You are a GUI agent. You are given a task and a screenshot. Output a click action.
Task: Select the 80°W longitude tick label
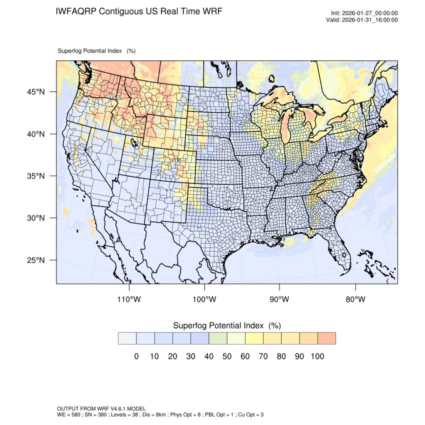tap(355, 299)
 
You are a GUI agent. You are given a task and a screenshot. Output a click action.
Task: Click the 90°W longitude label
tap(280, 299)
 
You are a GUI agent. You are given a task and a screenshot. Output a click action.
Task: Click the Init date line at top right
tap(364, 13)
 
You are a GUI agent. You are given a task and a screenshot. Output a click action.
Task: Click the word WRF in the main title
tap(212, 11)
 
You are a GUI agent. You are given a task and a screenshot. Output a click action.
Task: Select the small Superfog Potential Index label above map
tap(90, 50)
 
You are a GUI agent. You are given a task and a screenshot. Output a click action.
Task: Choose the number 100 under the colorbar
tap(317, 356)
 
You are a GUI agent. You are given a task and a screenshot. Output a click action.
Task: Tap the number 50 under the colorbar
tap(227, 356)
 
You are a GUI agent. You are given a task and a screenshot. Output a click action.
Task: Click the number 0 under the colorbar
tap(136, 356)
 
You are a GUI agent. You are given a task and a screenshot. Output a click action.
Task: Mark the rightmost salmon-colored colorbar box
tap(326, 338)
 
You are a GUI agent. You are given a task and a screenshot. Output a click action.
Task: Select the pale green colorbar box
tap(218, 338)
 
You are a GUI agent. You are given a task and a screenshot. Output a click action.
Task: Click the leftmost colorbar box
tap(127, 338)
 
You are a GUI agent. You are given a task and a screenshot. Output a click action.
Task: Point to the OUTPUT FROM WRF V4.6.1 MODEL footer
tap(101, 408)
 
